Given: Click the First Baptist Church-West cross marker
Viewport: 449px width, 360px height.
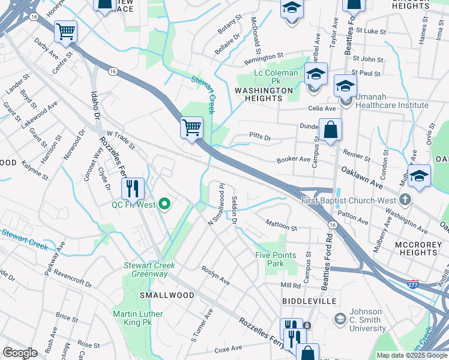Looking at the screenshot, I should [x=406, y=199].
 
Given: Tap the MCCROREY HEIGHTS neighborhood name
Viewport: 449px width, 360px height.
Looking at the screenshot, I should [x=417, y=248].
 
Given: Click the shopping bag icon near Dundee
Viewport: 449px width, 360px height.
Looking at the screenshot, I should [x=330, y=130].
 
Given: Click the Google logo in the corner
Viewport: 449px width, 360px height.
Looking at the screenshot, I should [x=20, y=353].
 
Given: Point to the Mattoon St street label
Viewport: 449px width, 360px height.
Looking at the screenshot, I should [x=282, y=226].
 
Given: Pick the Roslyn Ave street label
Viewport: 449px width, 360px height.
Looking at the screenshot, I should [x=215, y=275].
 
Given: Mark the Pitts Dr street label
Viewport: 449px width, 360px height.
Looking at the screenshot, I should [x=260, y=139].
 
